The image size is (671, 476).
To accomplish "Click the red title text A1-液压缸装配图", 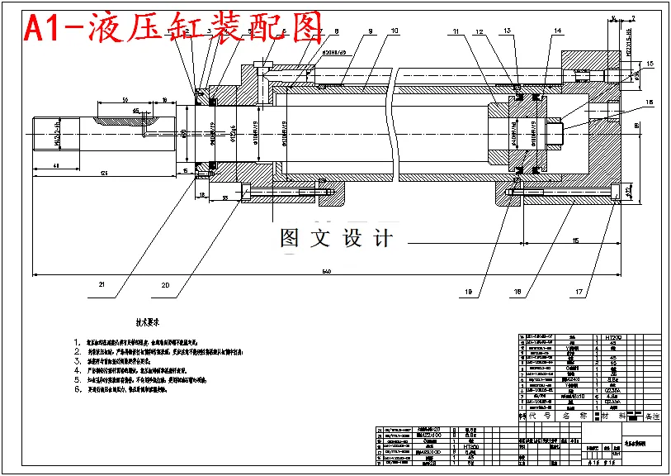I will tap(173, 30).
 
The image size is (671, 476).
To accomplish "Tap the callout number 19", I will tap(469, 292).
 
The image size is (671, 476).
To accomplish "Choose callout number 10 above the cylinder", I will tap(395, 31).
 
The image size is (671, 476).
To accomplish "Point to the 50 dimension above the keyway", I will tap(124, 99).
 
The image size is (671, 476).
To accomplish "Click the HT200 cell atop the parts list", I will tap(612, 337).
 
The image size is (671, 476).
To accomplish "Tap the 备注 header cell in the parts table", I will tap(652, 416).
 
